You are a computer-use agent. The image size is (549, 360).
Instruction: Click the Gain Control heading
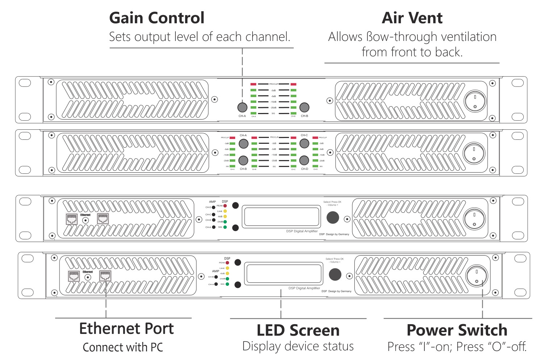[x=157, y=18]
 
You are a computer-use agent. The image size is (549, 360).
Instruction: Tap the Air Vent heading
[x=412, y=18]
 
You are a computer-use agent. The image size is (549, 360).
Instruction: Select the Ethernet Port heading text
[x=126, y=328]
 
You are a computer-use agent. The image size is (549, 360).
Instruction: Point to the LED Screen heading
[x=298, y=330]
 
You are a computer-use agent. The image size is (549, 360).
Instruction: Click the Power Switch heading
[x=457, y=330]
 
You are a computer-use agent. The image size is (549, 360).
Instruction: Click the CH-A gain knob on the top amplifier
[x=242, y=107]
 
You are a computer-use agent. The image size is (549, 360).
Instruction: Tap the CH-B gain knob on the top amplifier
[x=304, y=107]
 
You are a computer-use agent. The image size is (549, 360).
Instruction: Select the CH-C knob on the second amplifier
[x=304, y=143]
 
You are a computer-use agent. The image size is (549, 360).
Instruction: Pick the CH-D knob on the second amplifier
[x=304, y=160]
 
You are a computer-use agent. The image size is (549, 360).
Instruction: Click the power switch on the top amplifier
[x=475, y=101]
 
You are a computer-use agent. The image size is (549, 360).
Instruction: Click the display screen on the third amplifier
[x=281, y=217]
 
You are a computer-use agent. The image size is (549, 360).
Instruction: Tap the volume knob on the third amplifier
[x=333, y=217]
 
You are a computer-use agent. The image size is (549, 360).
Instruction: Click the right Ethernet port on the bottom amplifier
[x=105, y=276]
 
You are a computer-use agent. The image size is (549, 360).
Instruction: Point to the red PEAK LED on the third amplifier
[x=225, y=206]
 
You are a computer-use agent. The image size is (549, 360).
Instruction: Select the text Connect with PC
[x=123, y=347]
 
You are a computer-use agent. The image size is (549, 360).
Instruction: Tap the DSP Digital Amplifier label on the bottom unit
[x=304, y=288]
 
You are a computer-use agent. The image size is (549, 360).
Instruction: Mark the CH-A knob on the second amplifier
[x=244, y=143]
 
